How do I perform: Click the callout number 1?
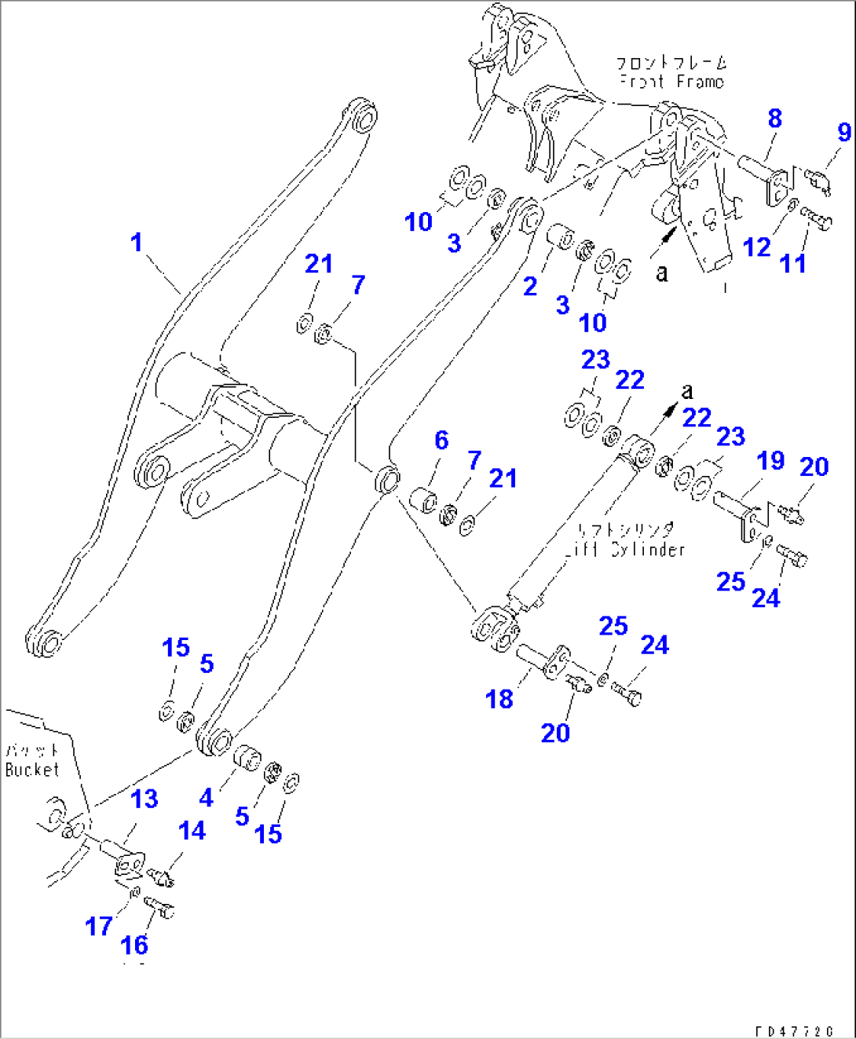(137, 242)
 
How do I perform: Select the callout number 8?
(774, 119)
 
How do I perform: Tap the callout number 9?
(844, 132)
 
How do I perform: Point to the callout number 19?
(770, 460)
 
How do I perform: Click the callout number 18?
(499, 698)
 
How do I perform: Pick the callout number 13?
(144, 799)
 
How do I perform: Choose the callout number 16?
(134, 945)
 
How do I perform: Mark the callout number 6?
(441, 441)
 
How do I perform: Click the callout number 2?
(531, 287)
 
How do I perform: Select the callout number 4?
(206, 798)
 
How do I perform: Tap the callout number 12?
(756, 247)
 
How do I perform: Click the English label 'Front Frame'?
(671, 82)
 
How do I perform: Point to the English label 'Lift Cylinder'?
(626, 549)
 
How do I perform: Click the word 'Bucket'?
(31, 770)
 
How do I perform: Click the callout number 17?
(99, 927)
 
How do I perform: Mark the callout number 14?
(192, 830)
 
